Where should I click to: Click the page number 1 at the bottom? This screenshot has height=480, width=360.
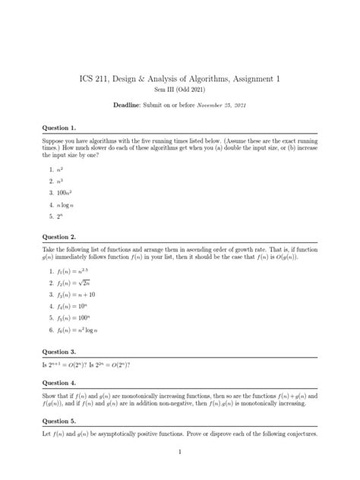click(180, 453)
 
